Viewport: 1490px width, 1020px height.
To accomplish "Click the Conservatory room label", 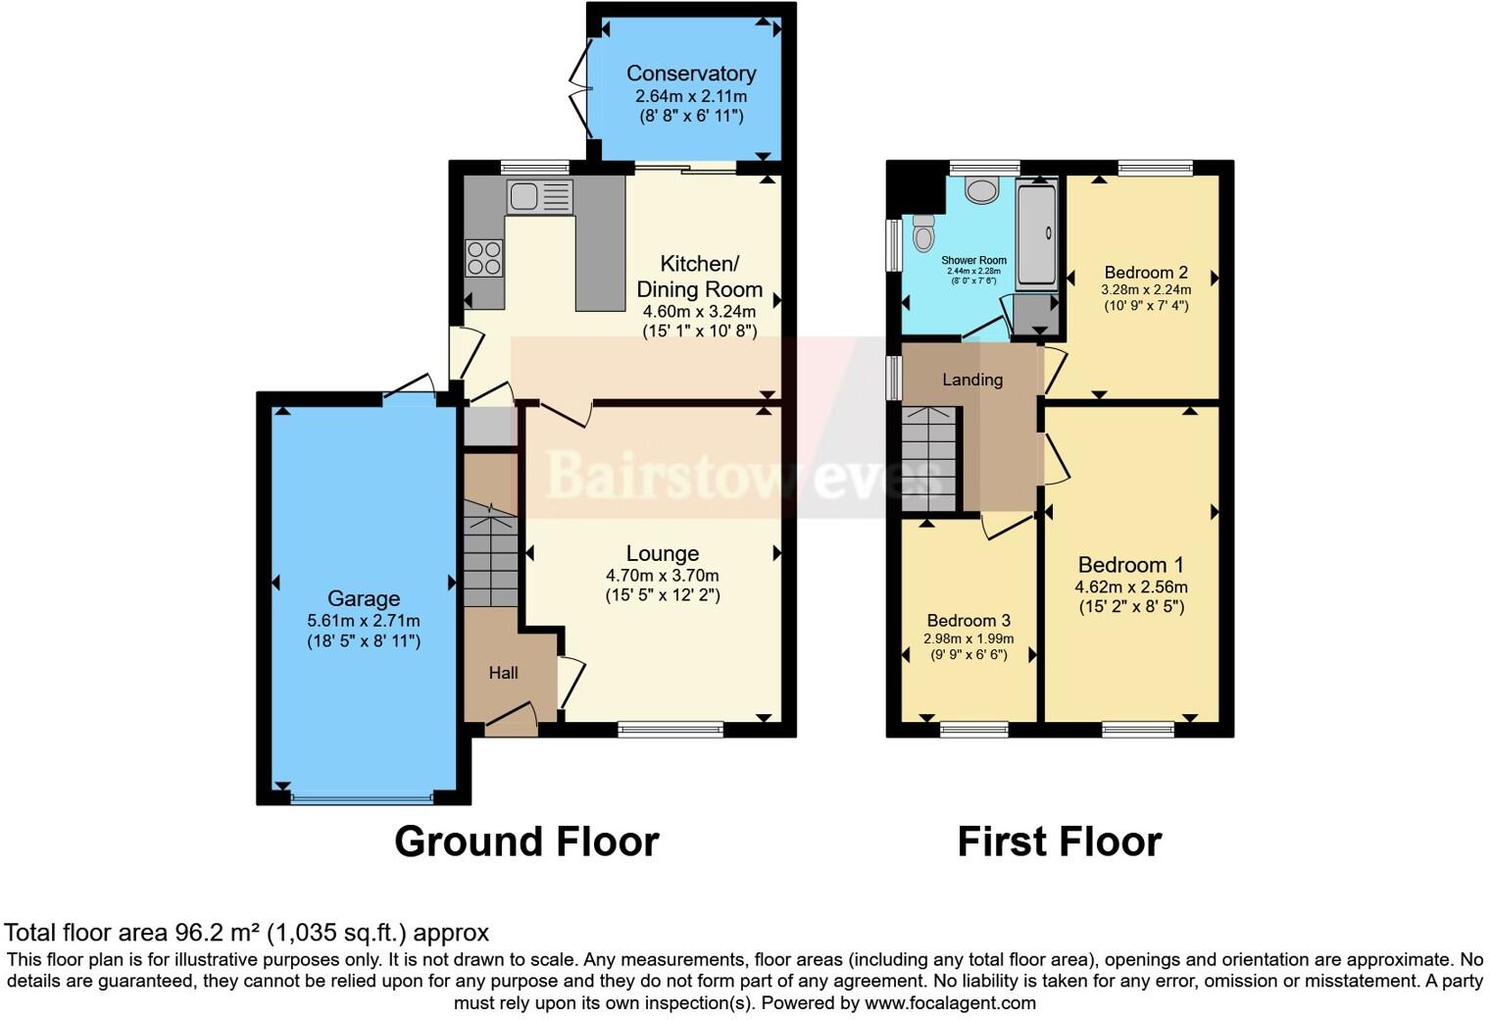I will click(x=691, y=74).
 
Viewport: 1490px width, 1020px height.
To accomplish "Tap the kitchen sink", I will click(x=538, y=196).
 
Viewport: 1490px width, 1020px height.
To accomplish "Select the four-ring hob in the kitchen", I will click(x=484, y=258).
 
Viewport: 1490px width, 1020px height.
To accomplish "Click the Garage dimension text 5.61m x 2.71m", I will click(x=363, y=621).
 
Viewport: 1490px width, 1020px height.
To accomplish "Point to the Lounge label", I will click(x=663, y=554).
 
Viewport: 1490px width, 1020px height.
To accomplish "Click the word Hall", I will click(x=503, y=673).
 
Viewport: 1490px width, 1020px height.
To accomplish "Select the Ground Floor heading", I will click(x=526, y=841).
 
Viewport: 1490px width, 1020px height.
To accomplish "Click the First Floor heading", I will click(x=1059, y=841).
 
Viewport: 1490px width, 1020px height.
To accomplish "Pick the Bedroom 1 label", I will click(x=1130, y=565).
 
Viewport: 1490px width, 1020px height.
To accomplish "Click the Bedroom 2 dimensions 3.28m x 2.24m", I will click(x=1146, y=289).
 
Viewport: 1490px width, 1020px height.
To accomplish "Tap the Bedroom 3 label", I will click(x=968, y=621).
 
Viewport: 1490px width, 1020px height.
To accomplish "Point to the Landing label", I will click(x=972, y=380).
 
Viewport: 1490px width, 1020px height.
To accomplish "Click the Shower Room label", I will click(x=973, y=261).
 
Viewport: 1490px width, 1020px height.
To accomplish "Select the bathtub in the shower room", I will click(x=1036, y=234).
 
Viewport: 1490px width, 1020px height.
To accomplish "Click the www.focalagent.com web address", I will click(x=950, y=1002).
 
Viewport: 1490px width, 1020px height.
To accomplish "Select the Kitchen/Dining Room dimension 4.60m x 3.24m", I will click(x=699, y=311).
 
